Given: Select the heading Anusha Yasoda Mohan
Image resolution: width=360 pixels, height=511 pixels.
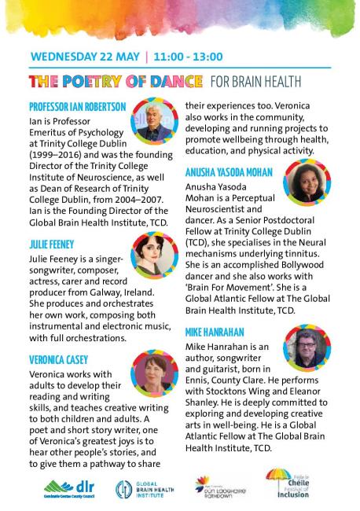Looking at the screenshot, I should (230, 171).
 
